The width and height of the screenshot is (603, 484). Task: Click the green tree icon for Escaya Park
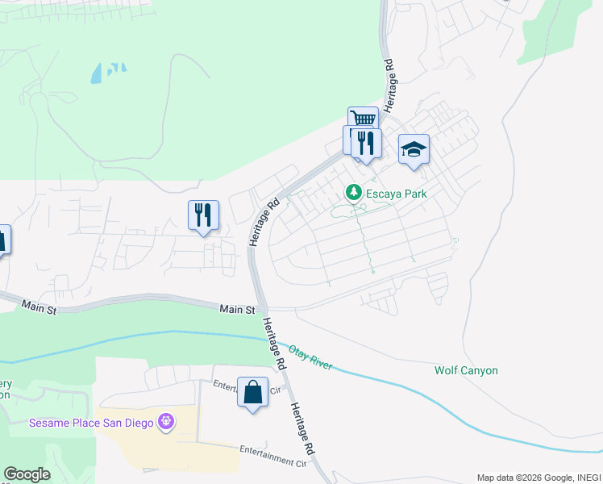point(352,193)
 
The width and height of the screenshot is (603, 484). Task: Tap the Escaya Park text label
point(397,194)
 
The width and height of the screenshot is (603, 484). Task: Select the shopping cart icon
point(363,119)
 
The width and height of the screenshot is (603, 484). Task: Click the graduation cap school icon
point(414,149)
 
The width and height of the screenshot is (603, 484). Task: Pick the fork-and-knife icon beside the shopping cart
point(367,144)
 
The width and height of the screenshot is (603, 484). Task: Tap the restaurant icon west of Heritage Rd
point(202,215)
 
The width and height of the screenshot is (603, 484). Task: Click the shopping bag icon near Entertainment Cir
point(252,392)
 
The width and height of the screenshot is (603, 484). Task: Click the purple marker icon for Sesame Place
point(166,421)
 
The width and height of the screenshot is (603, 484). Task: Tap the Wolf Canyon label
point(466,370)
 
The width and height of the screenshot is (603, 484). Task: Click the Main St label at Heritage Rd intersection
point(239,309)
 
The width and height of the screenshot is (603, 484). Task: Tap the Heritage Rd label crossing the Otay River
point(273,344)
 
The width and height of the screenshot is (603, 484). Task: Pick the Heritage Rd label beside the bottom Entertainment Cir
point(305,428)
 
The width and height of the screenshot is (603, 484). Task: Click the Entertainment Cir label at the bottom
point(273,457)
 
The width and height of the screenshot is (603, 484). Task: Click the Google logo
point(27,474)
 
